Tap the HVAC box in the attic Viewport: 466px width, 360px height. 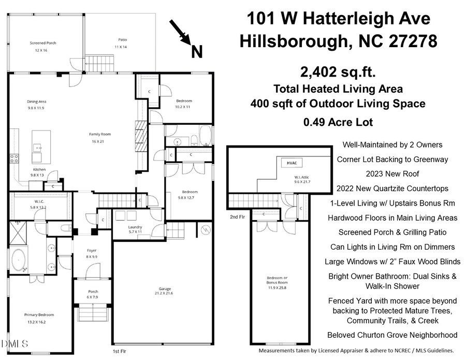pos(292,163)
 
